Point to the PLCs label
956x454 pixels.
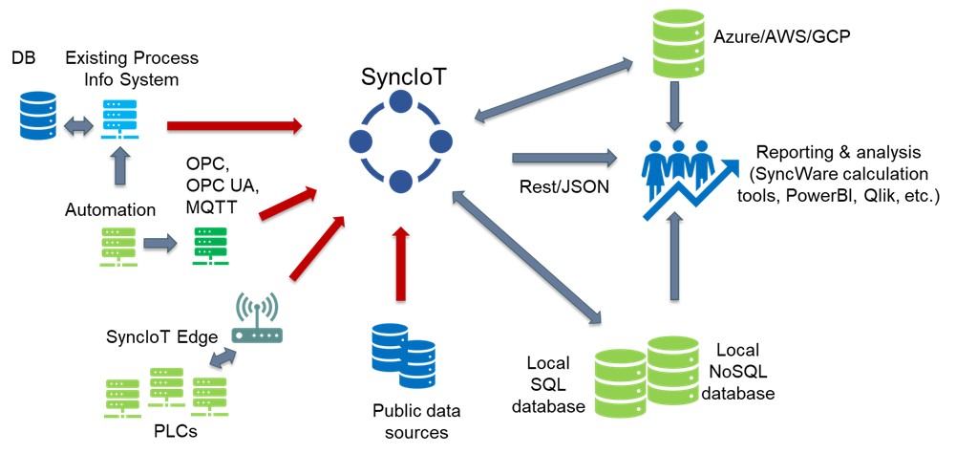[177, 431]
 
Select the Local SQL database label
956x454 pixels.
[547, 385]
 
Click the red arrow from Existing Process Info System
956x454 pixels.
[235, 124]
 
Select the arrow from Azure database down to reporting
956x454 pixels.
[675, 105]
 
